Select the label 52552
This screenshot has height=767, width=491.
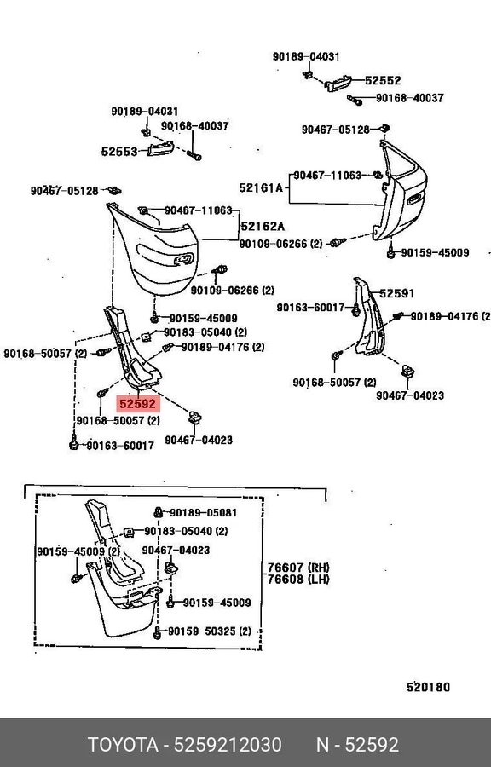pos(383,80)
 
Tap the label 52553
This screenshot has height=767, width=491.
pos(119,152)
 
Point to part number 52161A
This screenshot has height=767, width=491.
pos(261,187)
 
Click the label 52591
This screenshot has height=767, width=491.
pos(396,293)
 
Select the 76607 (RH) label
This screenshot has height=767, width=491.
pos(298,568)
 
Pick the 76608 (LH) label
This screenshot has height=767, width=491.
pos(298,580)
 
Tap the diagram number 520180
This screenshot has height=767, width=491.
pos(428,687)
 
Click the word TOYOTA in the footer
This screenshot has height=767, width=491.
pos(123,745)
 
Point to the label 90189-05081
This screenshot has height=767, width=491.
pos(203,513)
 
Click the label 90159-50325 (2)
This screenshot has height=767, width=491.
pos(210,631)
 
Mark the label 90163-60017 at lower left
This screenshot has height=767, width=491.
pos(120,446)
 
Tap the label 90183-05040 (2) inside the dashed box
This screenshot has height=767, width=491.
pos(186,531)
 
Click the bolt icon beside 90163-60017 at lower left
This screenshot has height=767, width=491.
pos(73,442)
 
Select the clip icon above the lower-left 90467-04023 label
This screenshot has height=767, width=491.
pos(195,418)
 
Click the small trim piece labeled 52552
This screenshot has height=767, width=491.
pos(338,84)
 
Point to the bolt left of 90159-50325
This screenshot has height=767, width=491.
pos(157,632)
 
